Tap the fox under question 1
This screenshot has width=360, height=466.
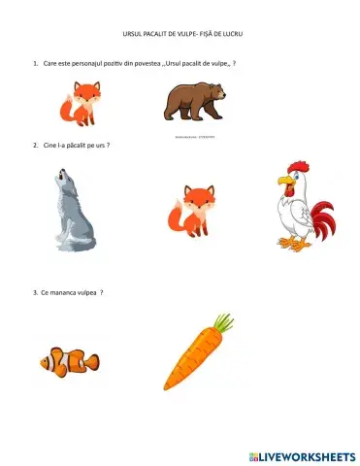(x=82, y=105)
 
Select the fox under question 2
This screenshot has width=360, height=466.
(x=188, y=209)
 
